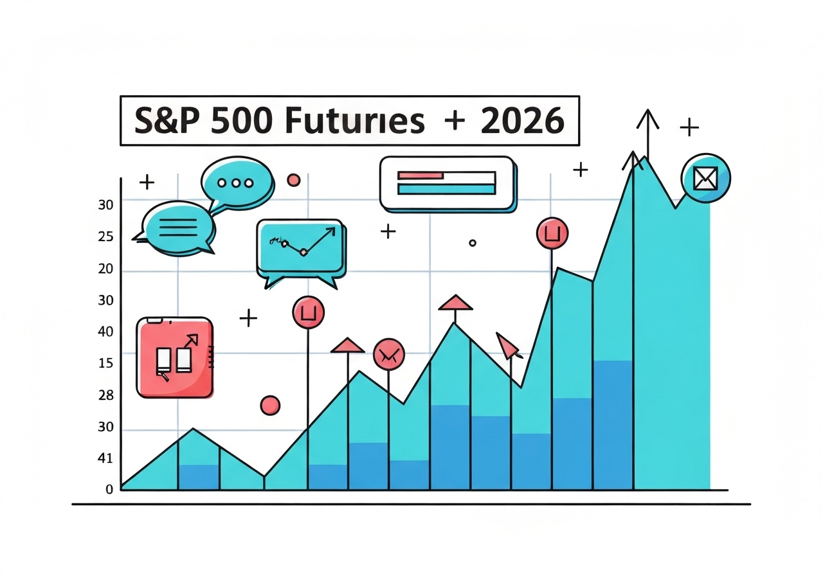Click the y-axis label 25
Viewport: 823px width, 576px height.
105,237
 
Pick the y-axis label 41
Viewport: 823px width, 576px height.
105,458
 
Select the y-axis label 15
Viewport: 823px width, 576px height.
105,363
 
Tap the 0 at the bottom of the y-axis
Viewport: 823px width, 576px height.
109,489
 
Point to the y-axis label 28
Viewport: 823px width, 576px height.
105,395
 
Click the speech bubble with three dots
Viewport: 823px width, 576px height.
235,182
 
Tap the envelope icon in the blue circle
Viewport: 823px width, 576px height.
705,179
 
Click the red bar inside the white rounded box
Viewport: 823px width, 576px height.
421,175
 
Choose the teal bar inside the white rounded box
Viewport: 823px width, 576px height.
446,188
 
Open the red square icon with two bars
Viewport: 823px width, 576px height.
175,357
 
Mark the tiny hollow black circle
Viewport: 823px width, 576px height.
473,243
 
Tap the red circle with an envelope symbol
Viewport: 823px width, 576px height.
388,354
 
